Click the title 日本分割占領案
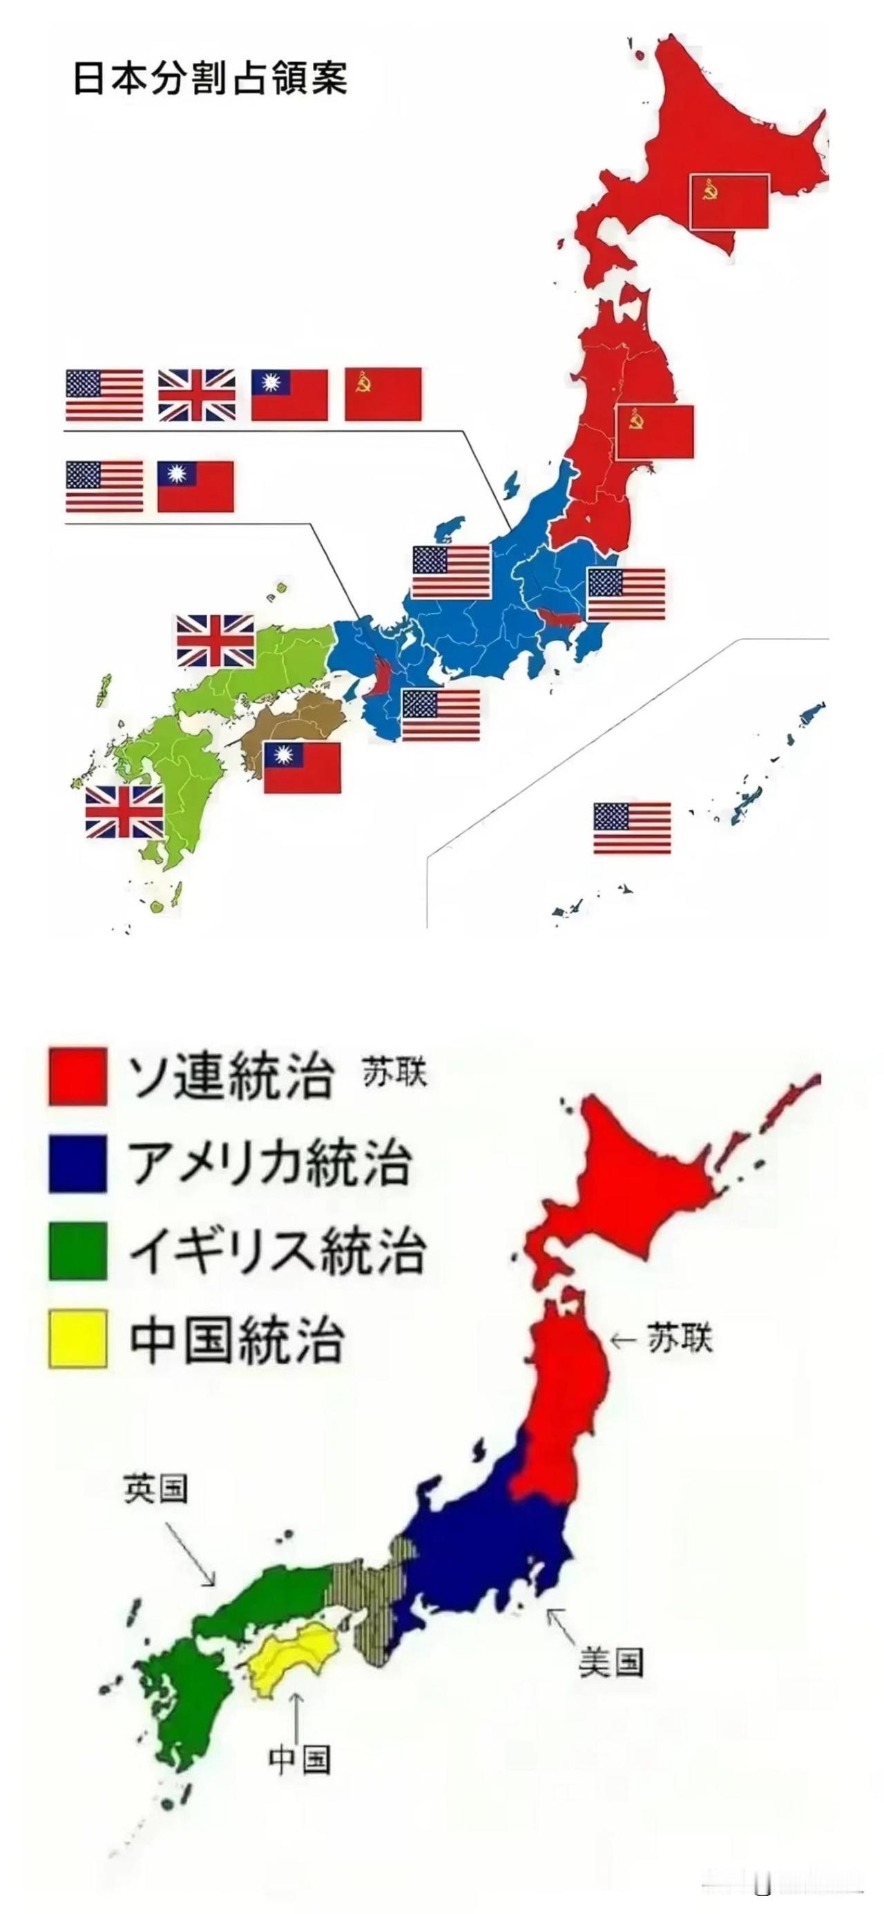210,78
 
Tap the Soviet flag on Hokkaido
729,202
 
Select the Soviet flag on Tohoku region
655,432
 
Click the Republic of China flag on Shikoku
302,767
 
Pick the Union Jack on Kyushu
124,812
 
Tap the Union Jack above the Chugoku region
215,640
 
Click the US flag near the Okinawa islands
631,827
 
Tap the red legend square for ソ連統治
78,1076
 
